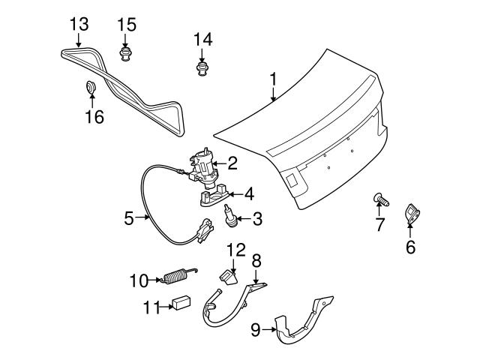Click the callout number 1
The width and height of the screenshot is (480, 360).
[274, 79]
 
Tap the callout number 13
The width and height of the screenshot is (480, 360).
[79, 24]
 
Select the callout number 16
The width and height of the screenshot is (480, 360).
[94, 116]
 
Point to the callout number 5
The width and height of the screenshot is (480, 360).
[128, 218]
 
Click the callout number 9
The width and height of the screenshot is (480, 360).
[254, 328]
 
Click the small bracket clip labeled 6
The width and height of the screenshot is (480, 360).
[410, 214]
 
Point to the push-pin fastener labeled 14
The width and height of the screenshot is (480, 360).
[201, 70]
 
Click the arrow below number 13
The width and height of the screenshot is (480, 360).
[79, 41]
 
